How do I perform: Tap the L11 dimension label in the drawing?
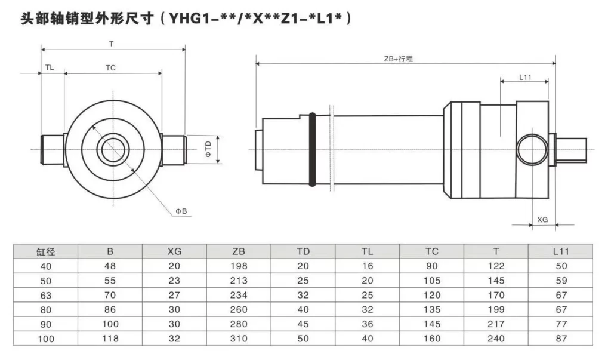525,77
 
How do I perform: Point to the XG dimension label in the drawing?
542,220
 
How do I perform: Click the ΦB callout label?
181,211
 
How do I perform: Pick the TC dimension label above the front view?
110,67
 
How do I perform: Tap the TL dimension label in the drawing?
50,67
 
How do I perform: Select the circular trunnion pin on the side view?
531,149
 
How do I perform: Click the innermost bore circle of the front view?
112,149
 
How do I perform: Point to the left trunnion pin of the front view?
52,149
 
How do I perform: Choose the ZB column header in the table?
239,251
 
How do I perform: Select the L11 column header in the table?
560,251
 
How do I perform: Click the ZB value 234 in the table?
239,295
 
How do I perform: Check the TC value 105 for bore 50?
432,281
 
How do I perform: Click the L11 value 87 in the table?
560,339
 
